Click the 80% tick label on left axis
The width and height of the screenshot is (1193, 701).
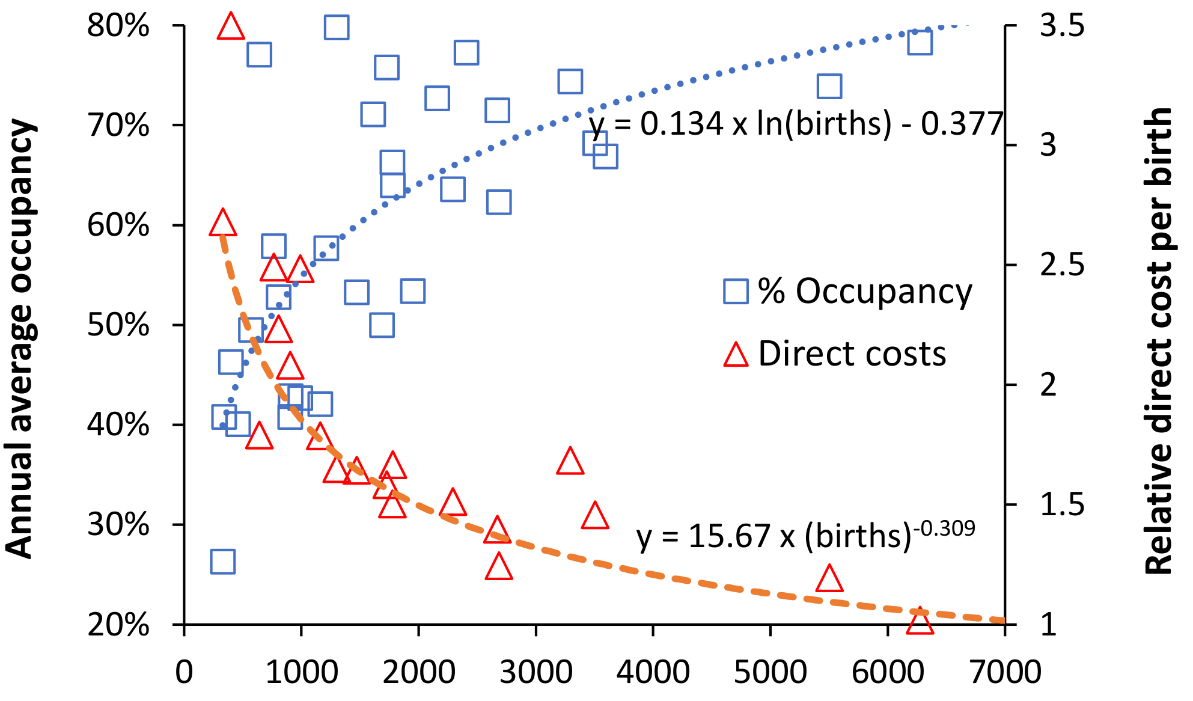pyautogui.click(x=118, y=26)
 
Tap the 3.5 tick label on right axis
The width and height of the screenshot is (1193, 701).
pyautogui.click(x=1062, y=26)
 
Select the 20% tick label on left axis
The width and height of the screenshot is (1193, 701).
pyautogui.click(x=118, y=625)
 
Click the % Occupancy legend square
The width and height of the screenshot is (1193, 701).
pyautogui.click(x=736, y=292)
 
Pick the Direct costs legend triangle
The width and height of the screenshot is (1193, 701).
pyautogui.click(x=736, y=355)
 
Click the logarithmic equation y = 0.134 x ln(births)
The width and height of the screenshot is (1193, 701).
pyautogui.click(x=796, y=124)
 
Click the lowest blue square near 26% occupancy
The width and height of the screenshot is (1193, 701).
pyautogui.click(x=223, y=561)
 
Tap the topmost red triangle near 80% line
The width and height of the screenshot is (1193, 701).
pyautogui.click(x=231, y=27)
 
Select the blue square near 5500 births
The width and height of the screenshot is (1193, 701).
pyautogui.click(x=829, y=87)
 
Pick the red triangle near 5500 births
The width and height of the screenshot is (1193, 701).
pyautogui.click(x=829, y=579)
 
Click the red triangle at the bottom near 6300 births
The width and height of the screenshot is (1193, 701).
pyautogui.click(x=920, y=622)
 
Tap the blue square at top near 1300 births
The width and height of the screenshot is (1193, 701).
pyautogui.click(x=337, y=27)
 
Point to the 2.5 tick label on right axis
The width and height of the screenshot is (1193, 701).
pyautogui.click(x=1062, y=265)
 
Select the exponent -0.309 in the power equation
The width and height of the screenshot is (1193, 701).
pyautogui.click(x=944, y=529)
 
